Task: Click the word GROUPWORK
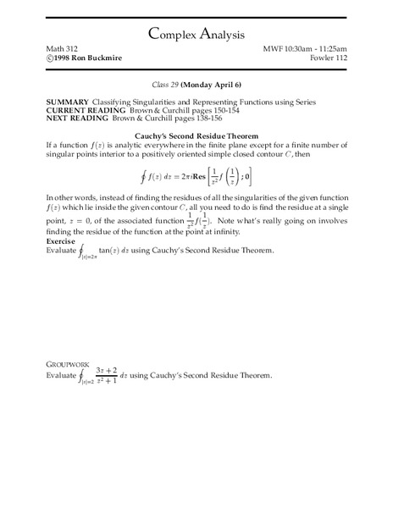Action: pos(42,364)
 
